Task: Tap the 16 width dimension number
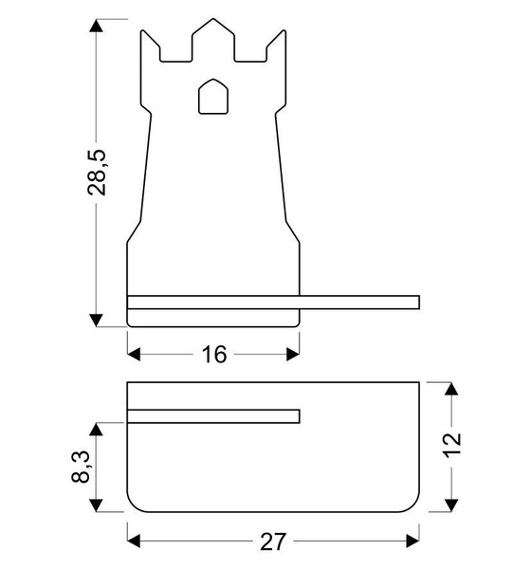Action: point(214,355)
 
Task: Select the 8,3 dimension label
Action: point(83,467)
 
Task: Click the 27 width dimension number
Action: point(272,541)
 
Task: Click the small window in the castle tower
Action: point(212,98)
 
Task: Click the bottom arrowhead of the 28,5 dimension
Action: point(97,317)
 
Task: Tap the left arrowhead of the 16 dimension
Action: point(135,355)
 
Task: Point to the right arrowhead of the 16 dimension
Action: point(292,355)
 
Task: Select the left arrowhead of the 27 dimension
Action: point(135,541)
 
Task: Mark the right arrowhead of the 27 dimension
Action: point(412,541)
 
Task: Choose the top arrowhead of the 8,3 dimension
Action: point(97,430)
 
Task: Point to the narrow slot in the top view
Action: point(213,415)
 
